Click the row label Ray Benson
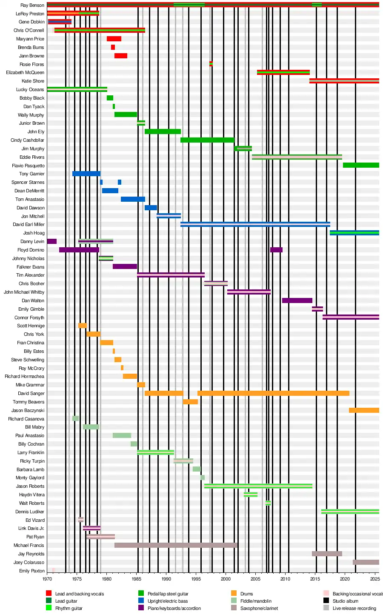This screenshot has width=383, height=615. (x=32, y=6)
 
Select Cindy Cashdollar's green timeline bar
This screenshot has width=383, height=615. (x=207, y=140)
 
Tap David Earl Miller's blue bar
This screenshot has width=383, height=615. (x=255, y=224)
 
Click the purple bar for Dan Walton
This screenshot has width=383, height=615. (x=297, y=300)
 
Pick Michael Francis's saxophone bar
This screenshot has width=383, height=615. (x=176, y=545)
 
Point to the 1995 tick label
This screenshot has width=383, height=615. (x=196, y=579)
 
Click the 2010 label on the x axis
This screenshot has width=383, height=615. (x=285, y=579)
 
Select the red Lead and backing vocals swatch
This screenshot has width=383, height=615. (x=49, y=593)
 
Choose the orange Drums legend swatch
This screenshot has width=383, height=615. (x=234, y=593)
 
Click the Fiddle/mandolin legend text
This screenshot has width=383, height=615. (x=256, y=601)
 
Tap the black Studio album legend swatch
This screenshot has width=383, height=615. (x=326, y=601)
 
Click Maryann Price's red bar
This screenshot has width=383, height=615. (x=114, y=39)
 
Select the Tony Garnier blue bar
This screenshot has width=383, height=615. (x=86, y=174)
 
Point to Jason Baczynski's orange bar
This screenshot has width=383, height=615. (x=364, y=410)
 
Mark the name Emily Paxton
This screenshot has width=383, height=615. (x=32, y=571)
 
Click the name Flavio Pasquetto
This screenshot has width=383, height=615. (x=28, y=166)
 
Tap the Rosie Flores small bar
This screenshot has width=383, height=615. (x=211, y=64)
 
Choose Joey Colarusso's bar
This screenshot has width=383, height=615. (x=366, y=562)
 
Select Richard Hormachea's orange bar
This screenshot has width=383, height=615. (x=130, y=376)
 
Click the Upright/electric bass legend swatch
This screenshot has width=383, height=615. (x=141, y=601)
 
